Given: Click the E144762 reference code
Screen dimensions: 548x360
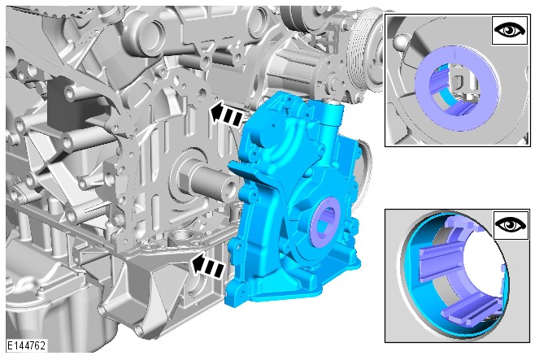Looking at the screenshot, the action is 27,345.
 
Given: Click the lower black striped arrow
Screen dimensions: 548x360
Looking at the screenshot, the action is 207,267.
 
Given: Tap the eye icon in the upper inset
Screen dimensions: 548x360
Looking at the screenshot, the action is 510,30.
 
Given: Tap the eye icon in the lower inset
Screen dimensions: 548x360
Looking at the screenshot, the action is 511,224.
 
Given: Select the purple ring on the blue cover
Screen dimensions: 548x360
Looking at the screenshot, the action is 326,222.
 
